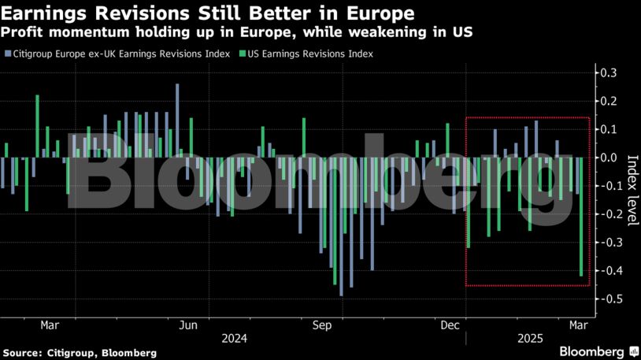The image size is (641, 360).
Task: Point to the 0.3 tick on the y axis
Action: (x=609, y=73)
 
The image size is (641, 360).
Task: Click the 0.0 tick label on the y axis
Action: (x=609, y=158)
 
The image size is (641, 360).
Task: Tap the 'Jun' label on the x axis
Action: (x=188, y=325)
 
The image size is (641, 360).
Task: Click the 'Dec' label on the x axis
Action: (x=450, y=325)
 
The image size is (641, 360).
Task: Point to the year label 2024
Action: (x=235, y=340)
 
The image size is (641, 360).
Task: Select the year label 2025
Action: (x=529, y=340)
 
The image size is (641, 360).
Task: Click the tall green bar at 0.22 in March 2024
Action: (x=37, y=126)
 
